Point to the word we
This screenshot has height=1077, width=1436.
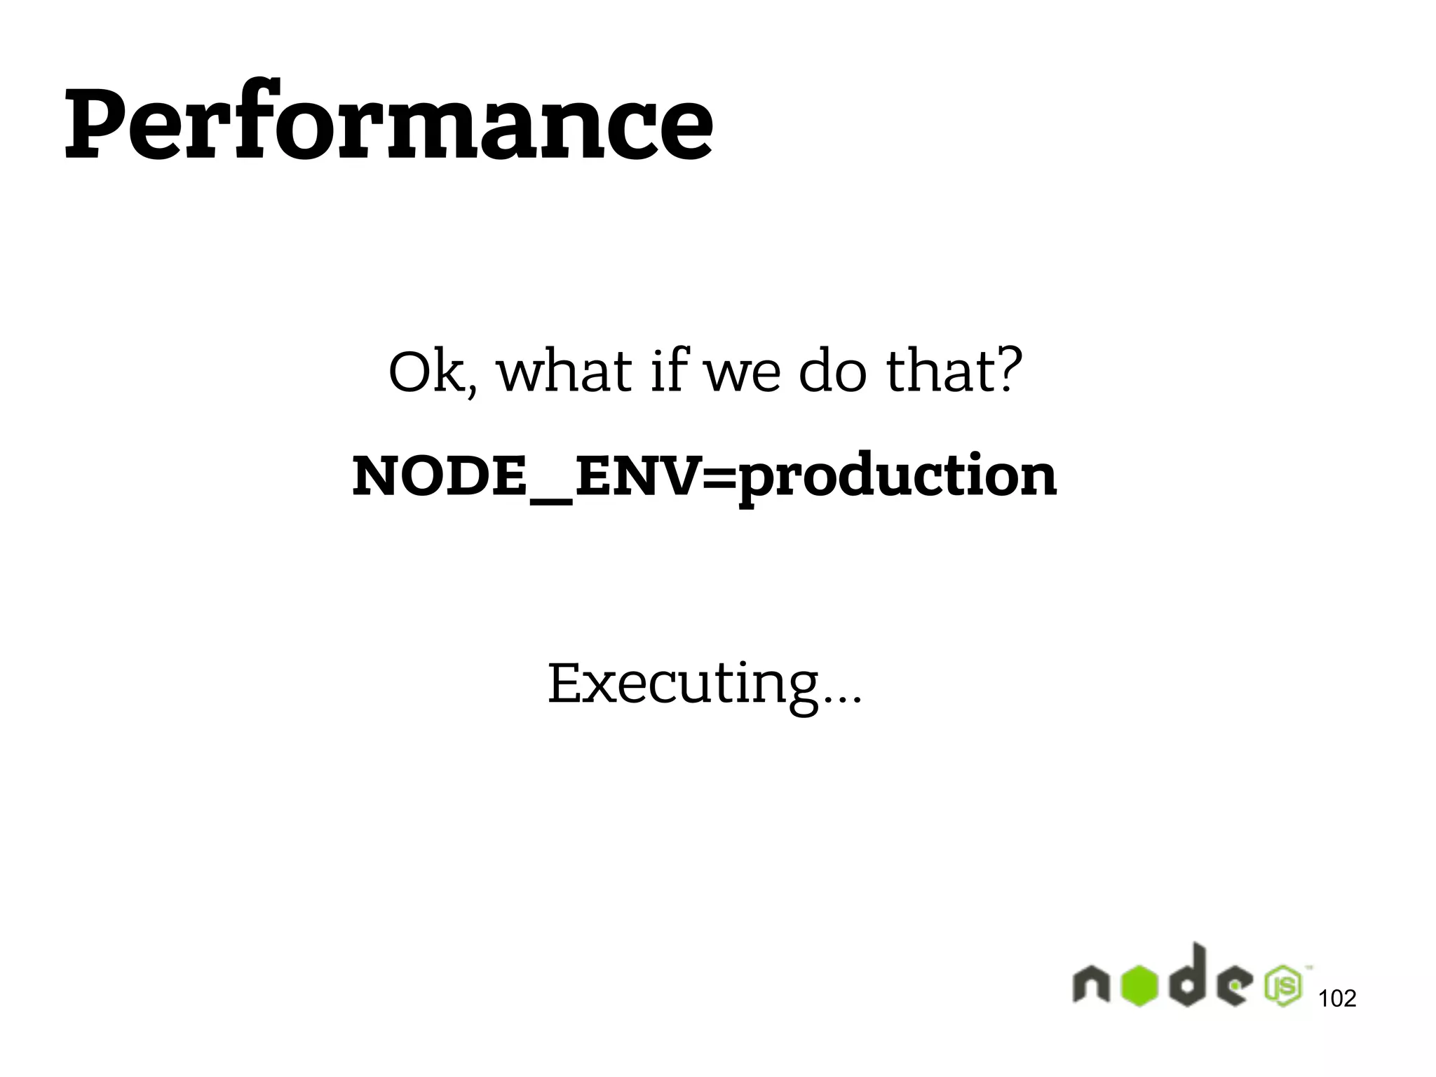pyautogui.click(x=742, y=375)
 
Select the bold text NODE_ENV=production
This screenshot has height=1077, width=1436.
pyautogui.click(x=704, y=477)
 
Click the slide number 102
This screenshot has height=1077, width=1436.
pyautogui.click(x=1337, y=998)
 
